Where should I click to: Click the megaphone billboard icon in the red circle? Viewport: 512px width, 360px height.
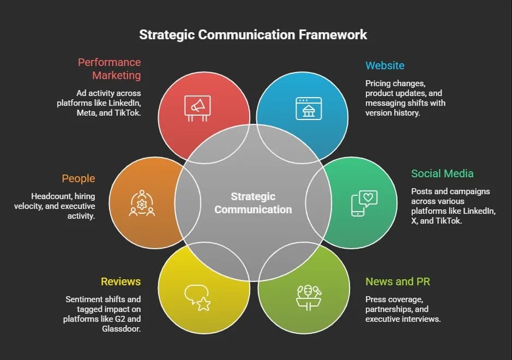pyautogui.click(x=197, y=109)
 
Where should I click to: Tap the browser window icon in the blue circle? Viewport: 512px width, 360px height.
pyautogui.click(x=309, y=109)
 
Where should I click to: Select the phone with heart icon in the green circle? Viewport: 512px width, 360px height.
pyautogui.click(x=364, y=203)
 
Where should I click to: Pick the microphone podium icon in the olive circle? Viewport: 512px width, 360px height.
pyautogui.click(x=309, y=298)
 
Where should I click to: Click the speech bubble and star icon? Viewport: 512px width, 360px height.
pyautogui.click(x=197, y=298)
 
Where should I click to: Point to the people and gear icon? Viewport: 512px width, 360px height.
pyautogui.click(x=142, y=203)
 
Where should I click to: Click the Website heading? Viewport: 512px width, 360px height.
pyautogui.click(x=385, y=65)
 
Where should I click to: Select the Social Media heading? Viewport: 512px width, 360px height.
pyautogui.click(x=442, y=173)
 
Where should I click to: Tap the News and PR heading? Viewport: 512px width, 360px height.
pyautogui.click(x=397, y=281)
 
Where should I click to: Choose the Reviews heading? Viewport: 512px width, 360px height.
pyautogui.click(x=121, y=281)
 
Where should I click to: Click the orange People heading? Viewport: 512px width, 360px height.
pyautogui.click(x=79, y=178)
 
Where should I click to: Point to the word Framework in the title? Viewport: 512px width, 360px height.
pyautogui.click(x=333, y=34)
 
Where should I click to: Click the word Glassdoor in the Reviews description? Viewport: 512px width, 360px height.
pyautogui.click(x=121, y=329)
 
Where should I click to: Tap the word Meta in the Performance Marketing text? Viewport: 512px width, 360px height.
pyautogui.click(x=86, y=113)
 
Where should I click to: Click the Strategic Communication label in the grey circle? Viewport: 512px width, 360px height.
pyautogui.click(x=253, y=203)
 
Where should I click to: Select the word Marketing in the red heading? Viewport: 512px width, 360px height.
pyautogui.click(x=117, y=75)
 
